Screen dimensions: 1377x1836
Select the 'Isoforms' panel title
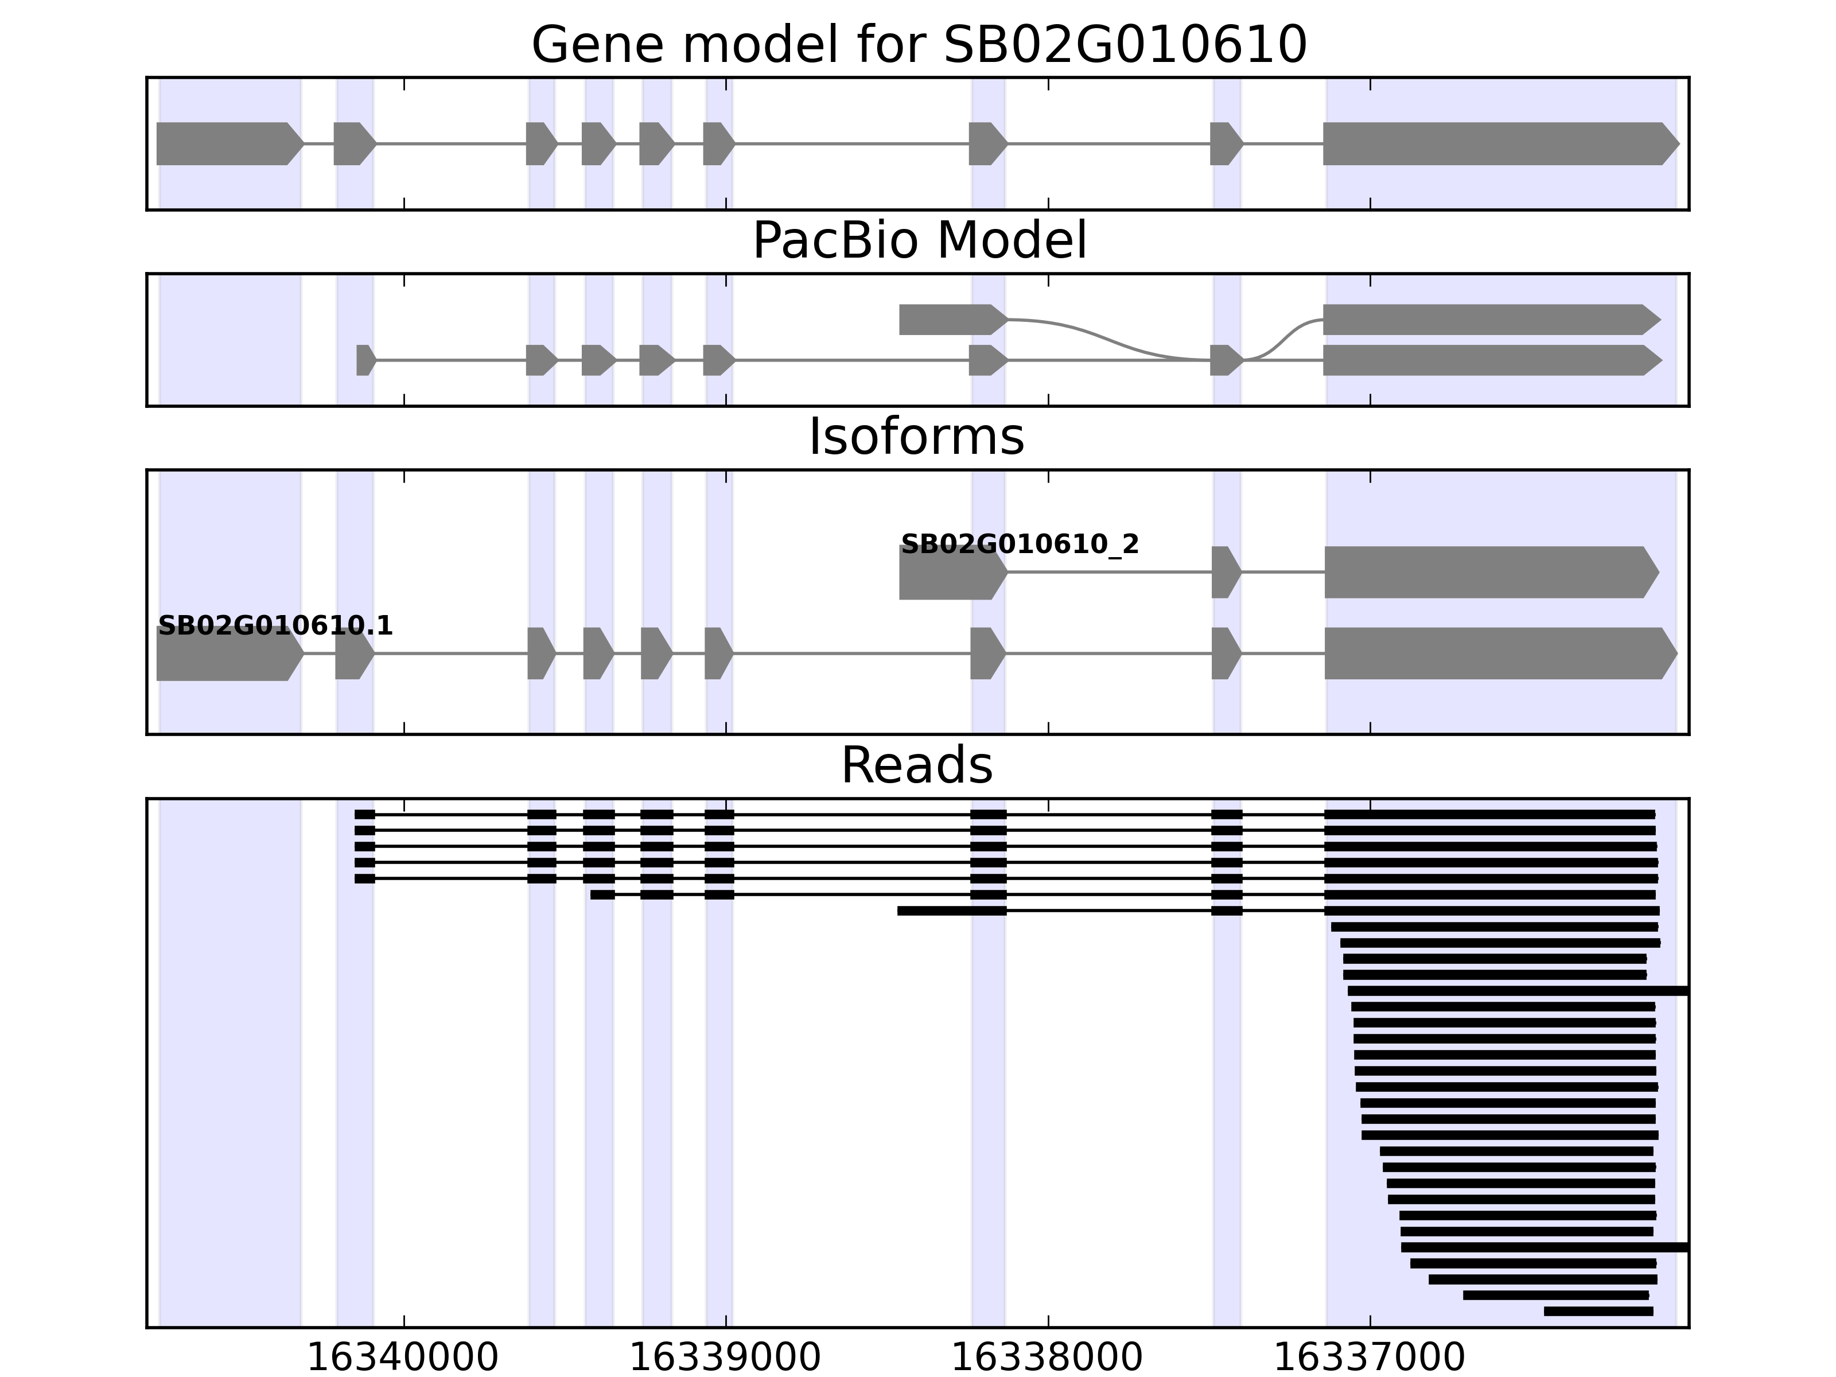click(916, 437)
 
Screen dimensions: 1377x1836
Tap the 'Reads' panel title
click(916, 765)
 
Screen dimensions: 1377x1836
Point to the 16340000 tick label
click(403, 1358)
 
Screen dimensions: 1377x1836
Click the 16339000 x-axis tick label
click(725, 1358)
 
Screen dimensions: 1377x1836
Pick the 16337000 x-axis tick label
click(1370, 1358)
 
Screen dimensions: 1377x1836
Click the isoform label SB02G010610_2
click(1019, 544)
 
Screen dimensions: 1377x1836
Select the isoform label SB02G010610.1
click(275, 626)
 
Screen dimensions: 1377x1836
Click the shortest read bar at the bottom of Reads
click(1598, 1312)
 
